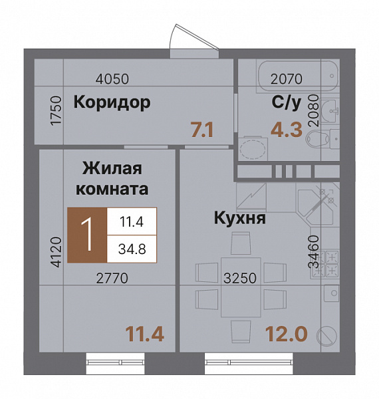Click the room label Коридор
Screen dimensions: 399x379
[x=112, y=102]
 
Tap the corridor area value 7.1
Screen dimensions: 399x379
[x=201, y=128]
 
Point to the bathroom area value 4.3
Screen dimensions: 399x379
[x=286, y=128]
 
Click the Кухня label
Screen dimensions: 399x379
[x=240, y=218]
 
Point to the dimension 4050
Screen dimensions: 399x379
[x=112, y=78]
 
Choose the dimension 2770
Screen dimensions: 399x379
[x=111, y=278]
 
